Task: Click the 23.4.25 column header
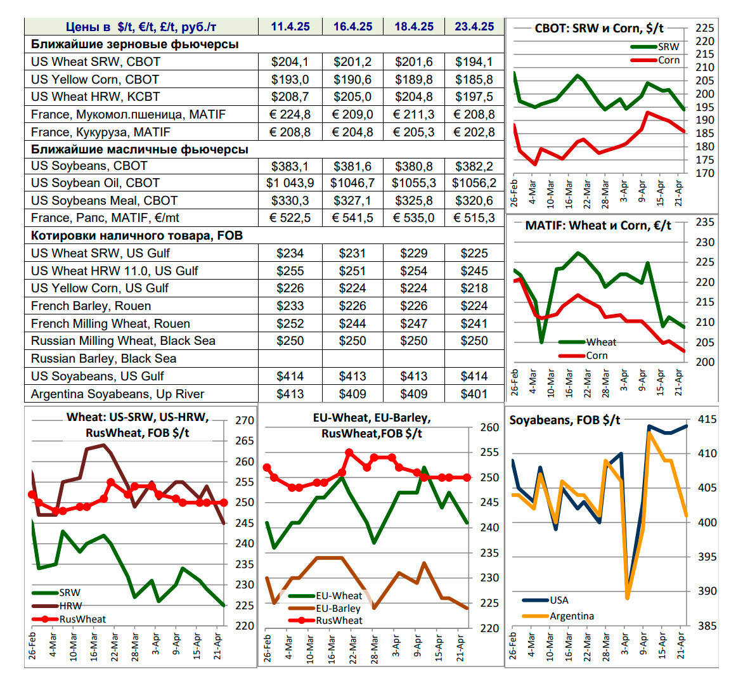[x=474, y=27]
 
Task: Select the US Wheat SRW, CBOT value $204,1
[x=290, y=61]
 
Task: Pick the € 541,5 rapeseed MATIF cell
[x=352, y=217]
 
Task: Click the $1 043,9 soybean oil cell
[x=290, y=183]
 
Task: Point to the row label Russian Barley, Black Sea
[x=104, y=358]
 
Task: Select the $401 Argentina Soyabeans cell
[x=474, y=394]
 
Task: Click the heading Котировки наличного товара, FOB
[x=137, y=235]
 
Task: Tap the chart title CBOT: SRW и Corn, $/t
[x=599, y=28]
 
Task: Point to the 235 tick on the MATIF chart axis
[x=705, y=222]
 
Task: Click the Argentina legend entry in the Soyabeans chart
[x=571, y=616]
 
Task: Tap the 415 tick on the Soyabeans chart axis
[x=707, y=419]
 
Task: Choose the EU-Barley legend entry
[x=338, y=609]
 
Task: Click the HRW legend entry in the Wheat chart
[x=70, y=606]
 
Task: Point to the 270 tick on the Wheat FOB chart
[x=245, y=420]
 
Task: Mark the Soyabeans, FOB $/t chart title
[x=565, y=420]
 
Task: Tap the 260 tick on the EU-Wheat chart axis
[x=489, y=427]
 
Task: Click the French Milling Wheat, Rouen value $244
[x=352, y=323]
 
